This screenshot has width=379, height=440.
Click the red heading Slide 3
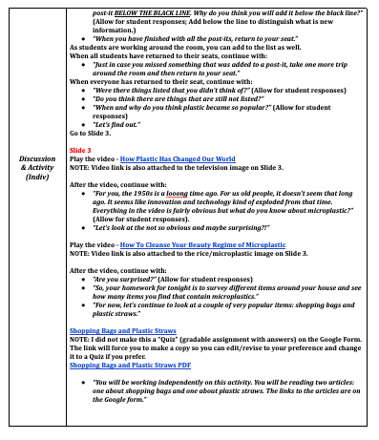(x=82, y=150)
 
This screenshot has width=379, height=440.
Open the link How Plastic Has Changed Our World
(x=176, y=159)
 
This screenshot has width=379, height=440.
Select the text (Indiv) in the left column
(x=35, y=177)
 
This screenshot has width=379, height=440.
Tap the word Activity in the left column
(x=35, y=167)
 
